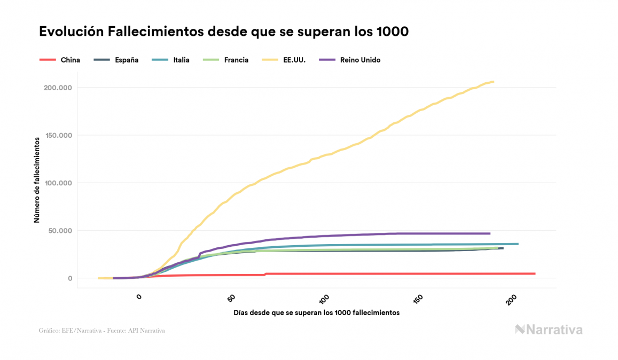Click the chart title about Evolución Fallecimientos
[x=224, y=32]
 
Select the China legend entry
[x=70, y=60]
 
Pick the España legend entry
[x=127, y=60]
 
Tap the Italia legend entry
[x=181, y=60]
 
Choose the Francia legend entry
[x=236, y=60]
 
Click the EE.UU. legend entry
[x=294, y=60]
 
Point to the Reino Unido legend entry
[x=360, y=60]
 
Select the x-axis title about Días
[x=316, y=312]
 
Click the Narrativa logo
[x=549, y=330]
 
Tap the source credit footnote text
[x=101, y=331]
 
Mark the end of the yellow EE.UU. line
[x=493, y=82]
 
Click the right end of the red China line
[x=534, y=273]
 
